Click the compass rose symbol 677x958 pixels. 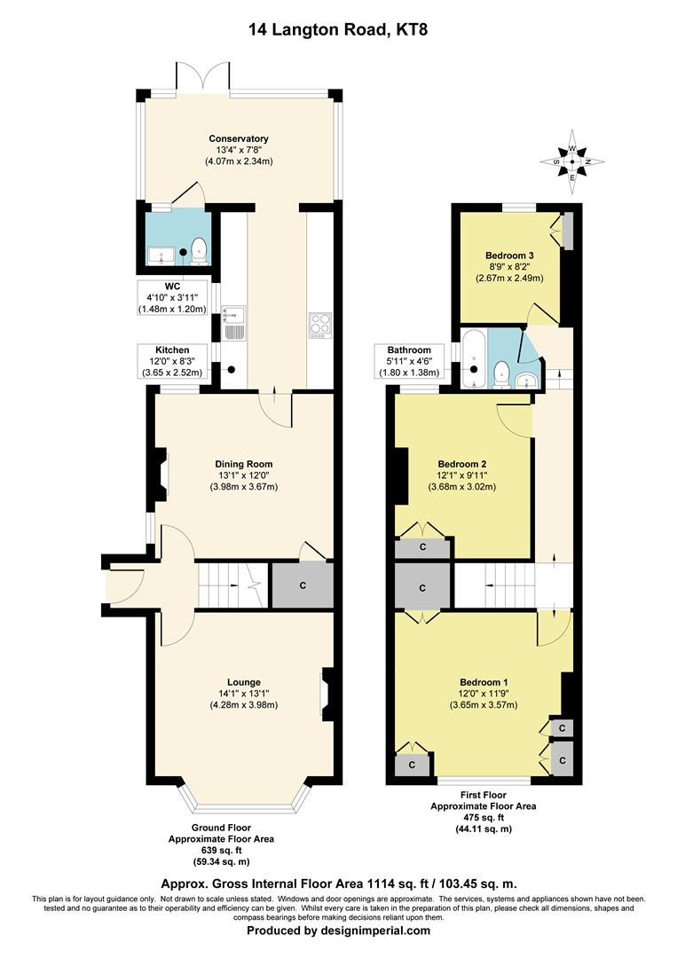(572, 162)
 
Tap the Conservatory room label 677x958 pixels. (239, 138)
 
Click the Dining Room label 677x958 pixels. (244, 464)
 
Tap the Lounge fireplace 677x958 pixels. (327, 694)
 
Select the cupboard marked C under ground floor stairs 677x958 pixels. (303, 586)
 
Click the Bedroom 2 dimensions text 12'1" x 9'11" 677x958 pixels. (462, 475)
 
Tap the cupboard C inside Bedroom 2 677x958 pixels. (422, 547)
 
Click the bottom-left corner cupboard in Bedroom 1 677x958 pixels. (411, 764)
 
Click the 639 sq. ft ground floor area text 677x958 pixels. (221, 849)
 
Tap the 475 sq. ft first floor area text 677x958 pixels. (483, 817)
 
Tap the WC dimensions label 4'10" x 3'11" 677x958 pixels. (172, 297)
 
